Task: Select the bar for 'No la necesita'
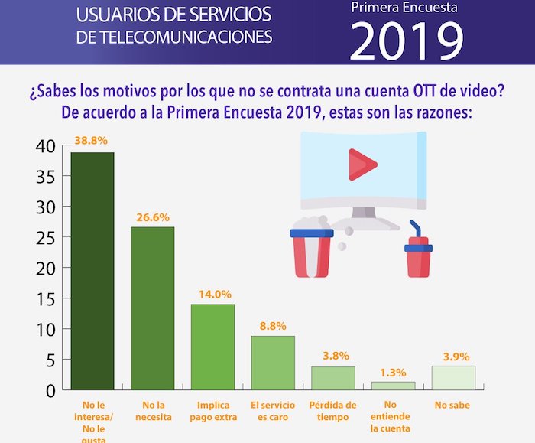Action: click(x=152, y=308)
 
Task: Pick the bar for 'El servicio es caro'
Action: click(x=273, y=363)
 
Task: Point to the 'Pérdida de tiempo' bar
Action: click(x=332, y=378)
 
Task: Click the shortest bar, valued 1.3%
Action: click(x=393, y=386)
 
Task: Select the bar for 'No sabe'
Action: click(x=453, y=378)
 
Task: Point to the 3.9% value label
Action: click(x=456, y=356)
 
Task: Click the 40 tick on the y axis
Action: click(x=46, y=146)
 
